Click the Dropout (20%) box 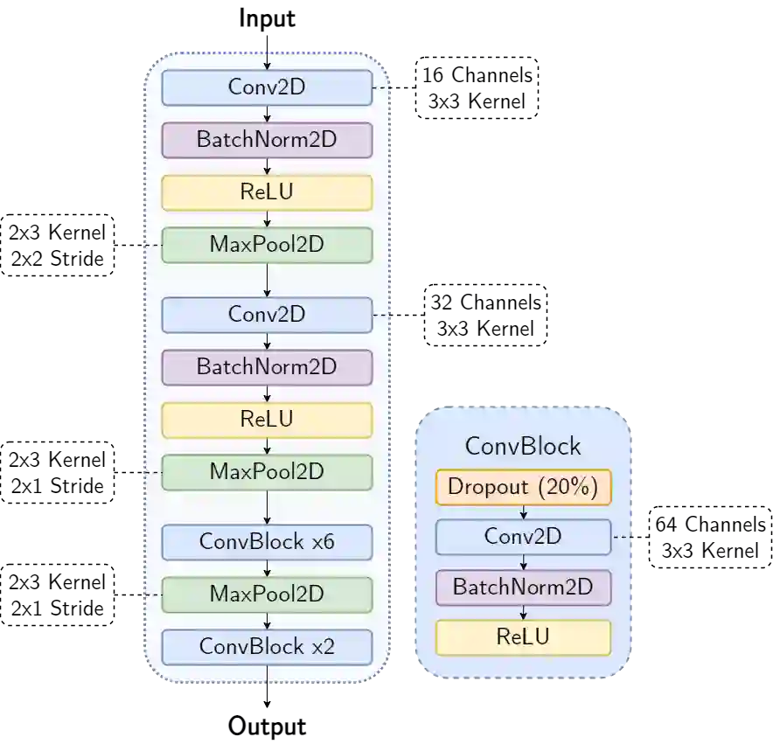(523, 487)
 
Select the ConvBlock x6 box (267, 542)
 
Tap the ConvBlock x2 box (267, 647)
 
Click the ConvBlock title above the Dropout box (523, 446)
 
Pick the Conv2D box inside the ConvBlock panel (523, 537)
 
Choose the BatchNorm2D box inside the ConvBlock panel (523, 588)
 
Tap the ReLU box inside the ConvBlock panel (523, 637)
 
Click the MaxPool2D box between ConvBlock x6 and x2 (267, 595)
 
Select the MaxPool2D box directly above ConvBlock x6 (267, 472)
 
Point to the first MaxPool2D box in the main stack (267, 245)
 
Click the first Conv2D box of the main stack (267, 87)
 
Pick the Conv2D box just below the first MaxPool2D (267, 315)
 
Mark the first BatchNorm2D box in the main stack (267, 140)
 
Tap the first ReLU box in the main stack (267, 192)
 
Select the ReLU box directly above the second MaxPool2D (267, 420)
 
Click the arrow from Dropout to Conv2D (523, 512)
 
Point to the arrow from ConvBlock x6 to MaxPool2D (267, 568)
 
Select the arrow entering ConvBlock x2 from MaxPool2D (267, 621)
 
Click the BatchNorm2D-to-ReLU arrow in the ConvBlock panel (523, 613)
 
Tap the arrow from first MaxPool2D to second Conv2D (267, 280)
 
